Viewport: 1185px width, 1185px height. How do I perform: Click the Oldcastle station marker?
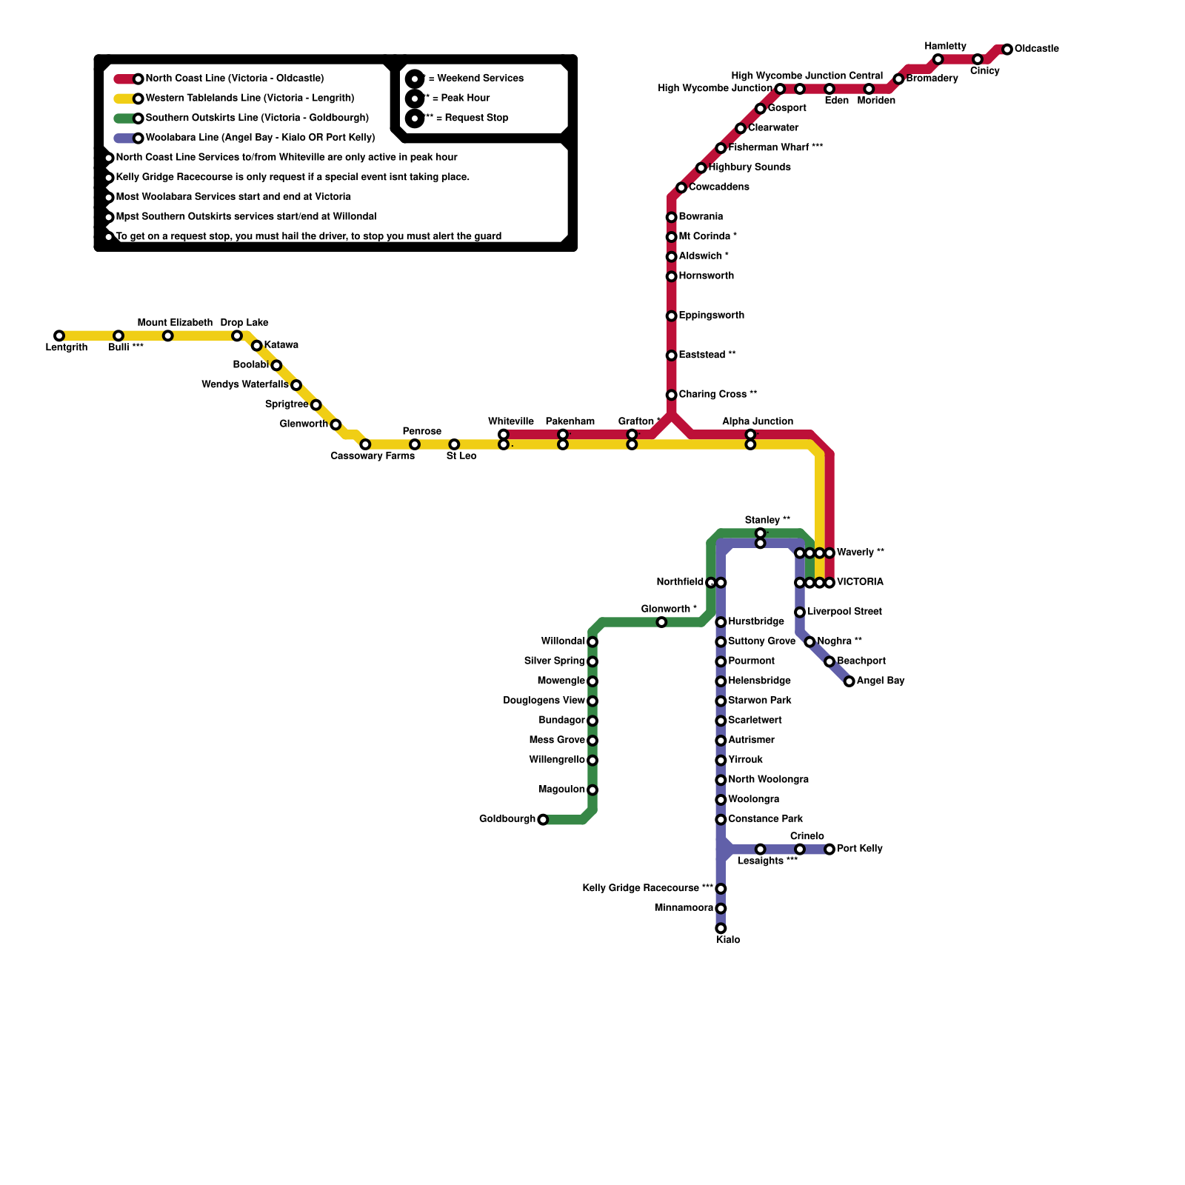(1007, 50)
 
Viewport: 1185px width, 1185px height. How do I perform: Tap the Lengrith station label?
(67, 347)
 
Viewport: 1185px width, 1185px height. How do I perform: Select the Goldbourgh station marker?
(543, 820)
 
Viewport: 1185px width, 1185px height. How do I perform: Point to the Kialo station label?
(728, 940)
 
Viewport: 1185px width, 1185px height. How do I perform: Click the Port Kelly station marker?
(829, 849)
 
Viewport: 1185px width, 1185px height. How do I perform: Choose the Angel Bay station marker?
(849, 681)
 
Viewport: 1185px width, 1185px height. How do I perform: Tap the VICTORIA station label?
(860, 582)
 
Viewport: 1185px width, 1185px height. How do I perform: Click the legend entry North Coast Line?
(234, 79)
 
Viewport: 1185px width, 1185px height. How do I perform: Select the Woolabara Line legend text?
(260, 138)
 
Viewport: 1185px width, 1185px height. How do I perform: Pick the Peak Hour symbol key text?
(460, 98)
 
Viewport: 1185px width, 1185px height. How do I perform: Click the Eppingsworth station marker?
(672, 316)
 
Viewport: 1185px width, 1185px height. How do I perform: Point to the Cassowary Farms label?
(373, 456)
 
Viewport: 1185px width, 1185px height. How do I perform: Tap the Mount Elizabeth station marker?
(168, 336)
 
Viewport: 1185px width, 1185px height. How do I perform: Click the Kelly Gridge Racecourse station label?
(647, 888)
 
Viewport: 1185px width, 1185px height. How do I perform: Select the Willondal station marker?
(592, 642)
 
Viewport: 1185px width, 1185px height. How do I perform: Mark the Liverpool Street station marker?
(800, 612)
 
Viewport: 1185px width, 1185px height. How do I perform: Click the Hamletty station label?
(945, 47)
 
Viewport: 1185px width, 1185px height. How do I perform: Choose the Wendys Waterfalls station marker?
(296, 385)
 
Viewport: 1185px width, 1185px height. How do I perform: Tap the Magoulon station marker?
(592, 790)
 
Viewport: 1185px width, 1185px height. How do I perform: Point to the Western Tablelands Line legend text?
(250, 99)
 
